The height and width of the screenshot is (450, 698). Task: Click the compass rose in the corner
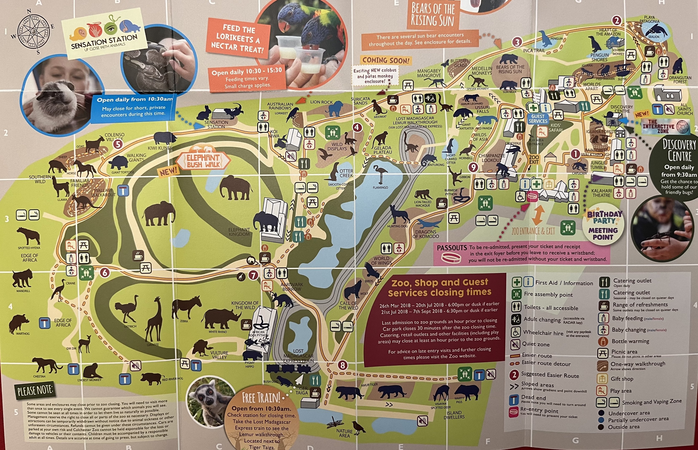coord(32,31)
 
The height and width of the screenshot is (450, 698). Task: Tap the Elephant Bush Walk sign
coord(203,160)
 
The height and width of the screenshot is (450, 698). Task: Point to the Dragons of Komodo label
coord(426,234)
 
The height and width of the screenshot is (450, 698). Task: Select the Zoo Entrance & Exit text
coord(533,231)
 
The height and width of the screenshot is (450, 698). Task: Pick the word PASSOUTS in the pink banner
coord(452,248)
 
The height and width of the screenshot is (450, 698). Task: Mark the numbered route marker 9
coord(473,167)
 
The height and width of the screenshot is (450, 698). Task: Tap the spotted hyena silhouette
coord(28,235)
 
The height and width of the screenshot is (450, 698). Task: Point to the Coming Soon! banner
coord(386,60)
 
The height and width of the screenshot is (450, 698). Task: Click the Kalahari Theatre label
coord(601,193)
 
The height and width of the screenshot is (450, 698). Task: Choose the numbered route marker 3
coord(517,42)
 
